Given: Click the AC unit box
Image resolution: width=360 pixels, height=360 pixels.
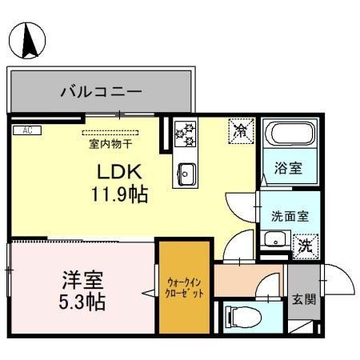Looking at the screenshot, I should (x=26, y=130).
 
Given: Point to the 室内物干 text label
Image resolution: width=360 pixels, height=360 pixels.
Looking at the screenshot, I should (x=110, y=144).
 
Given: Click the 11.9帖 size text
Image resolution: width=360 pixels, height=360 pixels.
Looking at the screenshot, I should (x=119, y=194).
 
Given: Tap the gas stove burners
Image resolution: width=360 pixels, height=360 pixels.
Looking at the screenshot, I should (x=186, y=133).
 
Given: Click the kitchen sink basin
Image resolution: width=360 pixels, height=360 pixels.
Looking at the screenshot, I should (x=186, y=172).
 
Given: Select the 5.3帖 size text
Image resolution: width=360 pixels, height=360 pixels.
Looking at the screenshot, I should (x=83, y=304).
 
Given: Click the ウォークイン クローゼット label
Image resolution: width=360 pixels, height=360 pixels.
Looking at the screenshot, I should (x=186, y=287).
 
